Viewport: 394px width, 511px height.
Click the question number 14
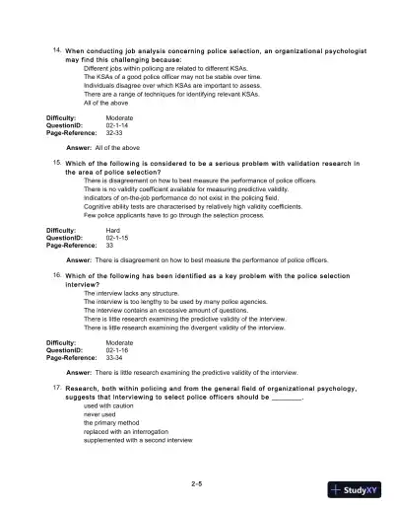58,48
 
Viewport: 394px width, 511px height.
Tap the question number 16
58,276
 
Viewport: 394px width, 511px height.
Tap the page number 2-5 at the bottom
197,482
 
